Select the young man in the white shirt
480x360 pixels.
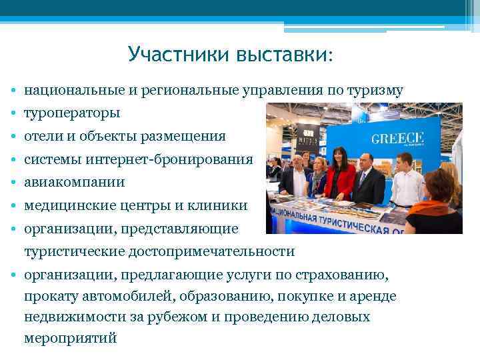405,180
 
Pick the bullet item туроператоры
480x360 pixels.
72,113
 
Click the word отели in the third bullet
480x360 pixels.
41,136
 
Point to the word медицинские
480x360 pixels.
67,206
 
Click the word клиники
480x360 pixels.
219,206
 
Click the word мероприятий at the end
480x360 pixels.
70,338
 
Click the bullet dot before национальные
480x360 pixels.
13,91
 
